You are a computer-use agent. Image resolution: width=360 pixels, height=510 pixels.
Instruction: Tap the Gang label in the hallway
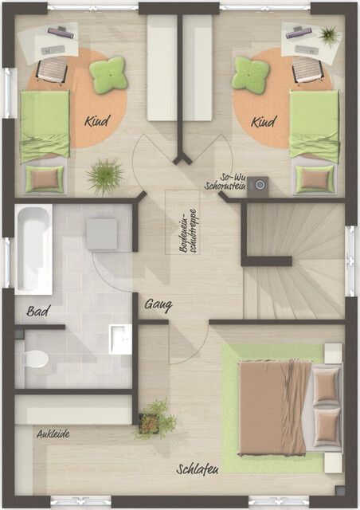[x=158, y=304]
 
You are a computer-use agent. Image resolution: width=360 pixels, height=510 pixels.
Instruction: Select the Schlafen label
[x=198, y=470]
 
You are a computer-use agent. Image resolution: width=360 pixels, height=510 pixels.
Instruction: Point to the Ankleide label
[x=53, y=434]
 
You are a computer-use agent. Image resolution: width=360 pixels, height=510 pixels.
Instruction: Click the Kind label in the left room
[x=96, y=122]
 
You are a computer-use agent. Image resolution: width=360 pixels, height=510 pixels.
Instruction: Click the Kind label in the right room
[x=263, y=122]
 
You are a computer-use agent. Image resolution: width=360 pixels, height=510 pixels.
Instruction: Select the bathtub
[x=33, y=249]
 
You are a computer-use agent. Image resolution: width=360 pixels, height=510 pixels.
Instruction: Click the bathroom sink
[x=119, y=337]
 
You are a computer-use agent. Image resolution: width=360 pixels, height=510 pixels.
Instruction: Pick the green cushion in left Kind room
[x=108, y=76]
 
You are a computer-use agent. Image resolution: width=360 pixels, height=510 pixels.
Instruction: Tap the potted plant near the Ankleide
[x=155, y=418]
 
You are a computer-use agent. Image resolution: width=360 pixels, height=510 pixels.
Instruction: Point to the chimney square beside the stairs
[x=257, y=186]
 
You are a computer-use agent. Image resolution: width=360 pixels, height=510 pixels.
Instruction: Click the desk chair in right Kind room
[x=307, y=72]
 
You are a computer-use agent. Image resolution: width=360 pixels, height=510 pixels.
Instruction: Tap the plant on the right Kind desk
[x=327, y=35]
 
